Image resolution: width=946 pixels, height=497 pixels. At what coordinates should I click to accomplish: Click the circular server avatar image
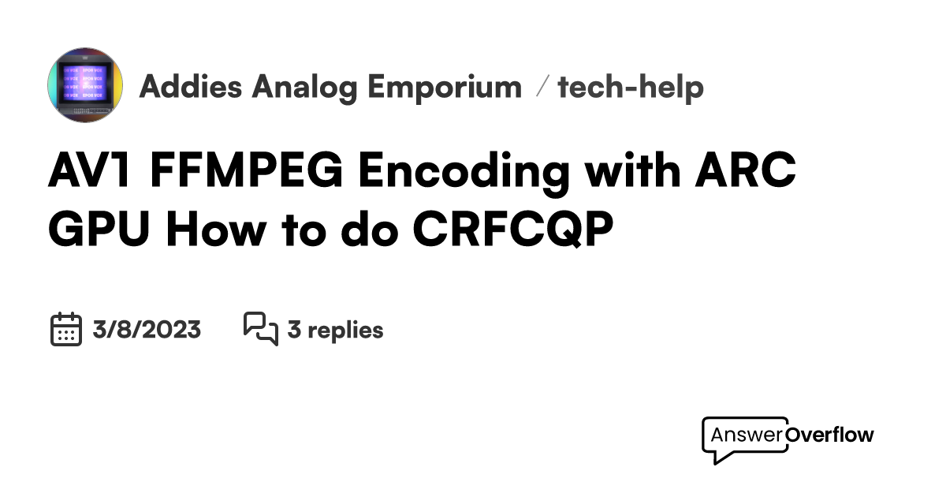tap(85, 85)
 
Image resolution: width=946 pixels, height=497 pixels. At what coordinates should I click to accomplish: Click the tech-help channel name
tap(631, 87)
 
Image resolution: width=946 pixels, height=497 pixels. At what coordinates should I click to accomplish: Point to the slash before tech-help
tap(541, 87)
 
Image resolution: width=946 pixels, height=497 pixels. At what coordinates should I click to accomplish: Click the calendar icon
tap(66, 329)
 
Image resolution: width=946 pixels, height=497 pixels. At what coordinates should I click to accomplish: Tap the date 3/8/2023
tap(147, 329)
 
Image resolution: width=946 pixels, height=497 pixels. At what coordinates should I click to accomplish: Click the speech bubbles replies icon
tap(261, 329)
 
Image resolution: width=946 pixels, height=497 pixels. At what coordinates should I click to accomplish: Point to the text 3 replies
tap(335, 329)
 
